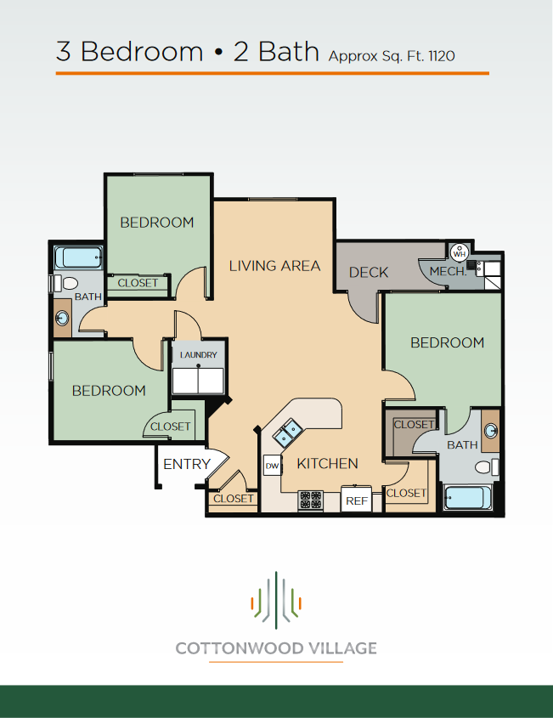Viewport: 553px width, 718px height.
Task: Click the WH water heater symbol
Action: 460,252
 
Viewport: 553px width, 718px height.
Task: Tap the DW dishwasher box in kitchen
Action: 272,466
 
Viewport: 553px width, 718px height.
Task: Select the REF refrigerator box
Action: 357,500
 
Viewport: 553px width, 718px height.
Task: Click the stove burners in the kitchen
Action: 310,500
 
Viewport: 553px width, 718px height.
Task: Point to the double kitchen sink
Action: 286,432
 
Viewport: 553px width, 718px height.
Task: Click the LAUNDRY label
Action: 199,355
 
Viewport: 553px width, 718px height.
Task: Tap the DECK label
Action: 369,272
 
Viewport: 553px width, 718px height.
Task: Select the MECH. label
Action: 447,272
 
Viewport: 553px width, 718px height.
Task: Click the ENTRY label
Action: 186,464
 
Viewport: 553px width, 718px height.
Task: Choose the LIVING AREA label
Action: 274,266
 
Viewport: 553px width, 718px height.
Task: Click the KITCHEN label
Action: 327,463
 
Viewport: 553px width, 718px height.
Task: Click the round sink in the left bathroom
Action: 63,318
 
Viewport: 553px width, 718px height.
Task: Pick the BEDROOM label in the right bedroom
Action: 447,342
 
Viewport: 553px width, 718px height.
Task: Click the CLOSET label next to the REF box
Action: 406,493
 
